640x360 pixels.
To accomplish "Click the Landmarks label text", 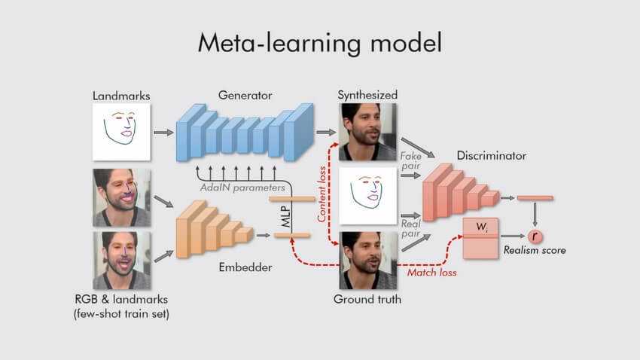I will (x=121, y=96).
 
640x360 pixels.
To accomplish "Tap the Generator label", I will (x=245, y=96).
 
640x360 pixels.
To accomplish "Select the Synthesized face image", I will (x=367, y=131).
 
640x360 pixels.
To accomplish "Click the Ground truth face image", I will (x=367, y=261).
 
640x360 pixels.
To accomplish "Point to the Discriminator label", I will (x=491, y=156).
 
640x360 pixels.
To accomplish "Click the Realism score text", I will (x=534, y=250).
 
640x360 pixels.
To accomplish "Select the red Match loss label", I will (x=431, y=272).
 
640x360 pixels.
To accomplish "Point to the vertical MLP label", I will (x=288, y=218).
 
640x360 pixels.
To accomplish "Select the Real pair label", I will (x=410, y=229).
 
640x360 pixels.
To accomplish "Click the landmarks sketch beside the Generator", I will (x=121, y=131).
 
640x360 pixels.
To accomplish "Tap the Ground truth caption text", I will (x=367, y=299).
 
